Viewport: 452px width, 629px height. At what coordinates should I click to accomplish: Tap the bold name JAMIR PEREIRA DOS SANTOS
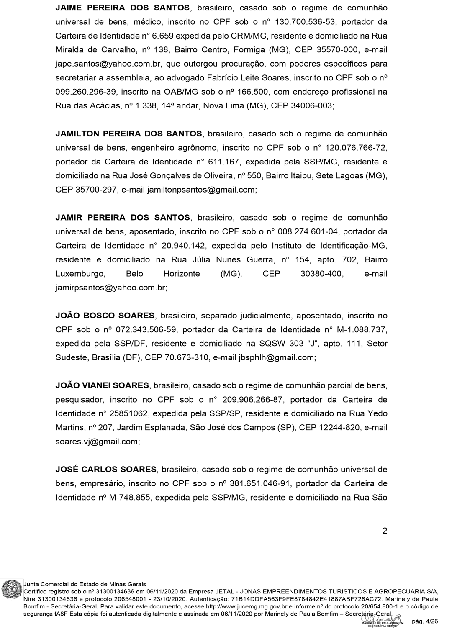(123, 218)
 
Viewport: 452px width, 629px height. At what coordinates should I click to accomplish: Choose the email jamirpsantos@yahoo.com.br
(110, 288)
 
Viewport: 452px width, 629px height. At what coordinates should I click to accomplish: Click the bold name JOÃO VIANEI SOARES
(102, 385)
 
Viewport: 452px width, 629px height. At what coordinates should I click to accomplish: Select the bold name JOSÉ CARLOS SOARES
(106, 470)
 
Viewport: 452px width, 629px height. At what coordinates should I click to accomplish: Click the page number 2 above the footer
(385, 531)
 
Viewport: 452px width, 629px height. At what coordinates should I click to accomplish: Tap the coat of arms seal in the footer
(11, 591)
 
